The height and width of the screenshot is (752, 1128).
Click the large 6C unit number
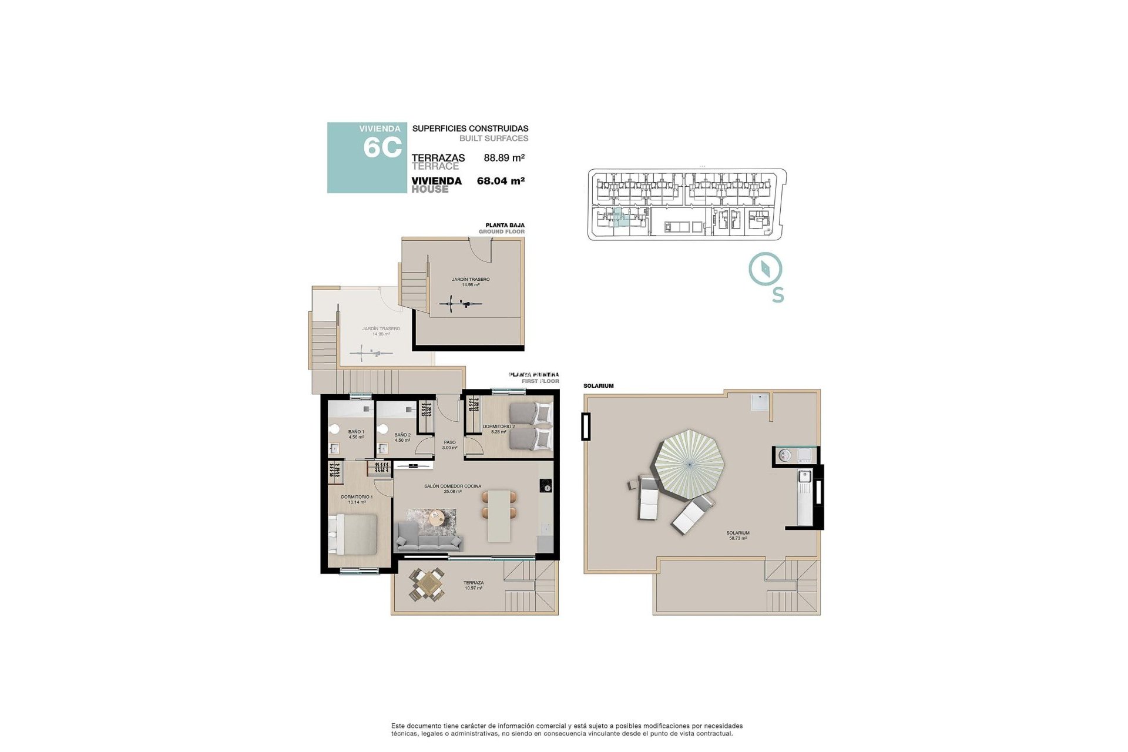pyautogui.click(x=382, y=147)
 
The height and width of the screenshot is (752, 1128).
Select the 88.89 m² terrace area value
pyautogui.click(x=503, y=157)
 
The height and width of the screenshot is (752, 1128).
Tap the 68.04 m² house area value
pyautogui.click(x=501, y=181)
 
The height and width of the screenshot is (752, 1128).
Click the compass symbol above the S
pyautogui.click(x=766, y=269)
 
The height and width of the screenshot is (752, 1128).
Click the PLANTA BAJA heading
pyautogui.click(x=505, y=225)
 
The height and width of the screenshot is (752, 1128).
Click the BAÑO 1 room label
pyautogui.click(x=356, y=434)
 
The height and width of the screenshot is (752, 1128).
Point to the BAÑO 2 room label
pyautogui.click(x=402, y=437)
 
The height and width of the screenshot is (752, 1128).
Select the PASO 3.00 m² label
pyautogui.click(x=449, y=445)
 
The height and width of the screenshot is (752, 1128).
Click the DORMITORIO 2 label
pyautogui.click(x=498, y=429)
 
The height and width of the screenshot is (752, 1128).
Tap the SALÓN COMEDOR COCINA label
pyautogui.click(x=452, y=488)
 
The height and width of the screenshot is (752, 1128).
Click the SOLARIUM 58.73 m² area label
pyautogui.click(x=738, y=535)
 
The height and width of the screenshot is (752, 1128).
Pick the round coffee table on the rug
pyautogui.click(x=436, y=518)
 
